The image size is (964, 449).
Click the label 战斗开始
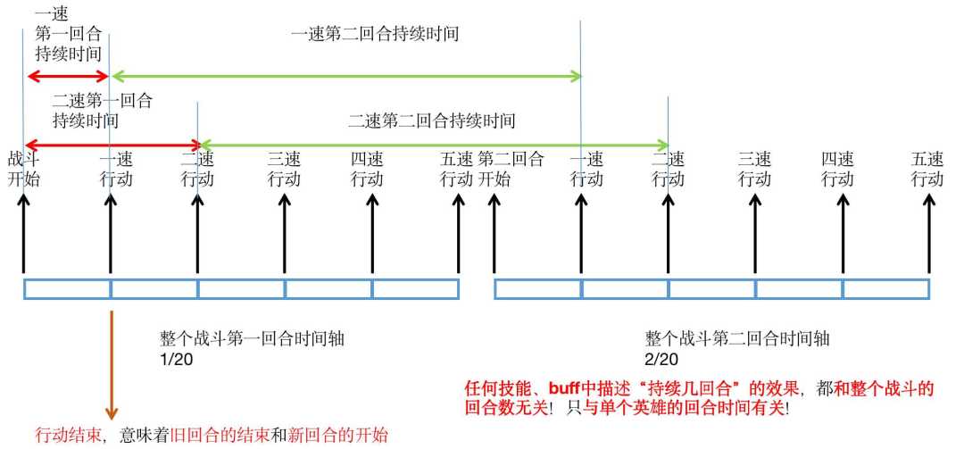coord(24,170)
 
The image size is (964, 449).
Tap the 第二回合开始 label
coord(511,170)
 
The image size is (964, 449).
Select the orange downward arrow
coord(112,365)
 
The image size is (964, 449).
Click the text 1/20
coord(177,359)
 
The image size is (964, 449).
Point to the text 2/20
coord(661,359)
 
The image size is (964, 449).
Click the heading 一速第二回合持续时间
coord(375,33)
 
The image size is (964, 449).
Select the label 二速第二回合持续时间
coord(432,120)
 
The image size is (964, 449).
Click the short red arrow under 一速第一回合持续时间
coord(68,76)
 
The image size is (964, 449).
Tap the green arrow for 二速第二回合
coord(434,146)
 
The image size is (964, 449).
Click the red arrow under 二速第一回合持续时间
coord(112,146)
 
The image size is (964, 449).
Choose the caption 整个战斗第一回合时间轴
coord(252,339)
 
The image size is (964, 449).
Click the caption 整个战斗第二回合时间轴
coord(737,339)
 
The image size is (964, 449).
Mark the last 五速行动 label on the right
coord(927,170)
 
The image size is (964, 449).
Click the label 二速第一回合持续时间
coord(102,110)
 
